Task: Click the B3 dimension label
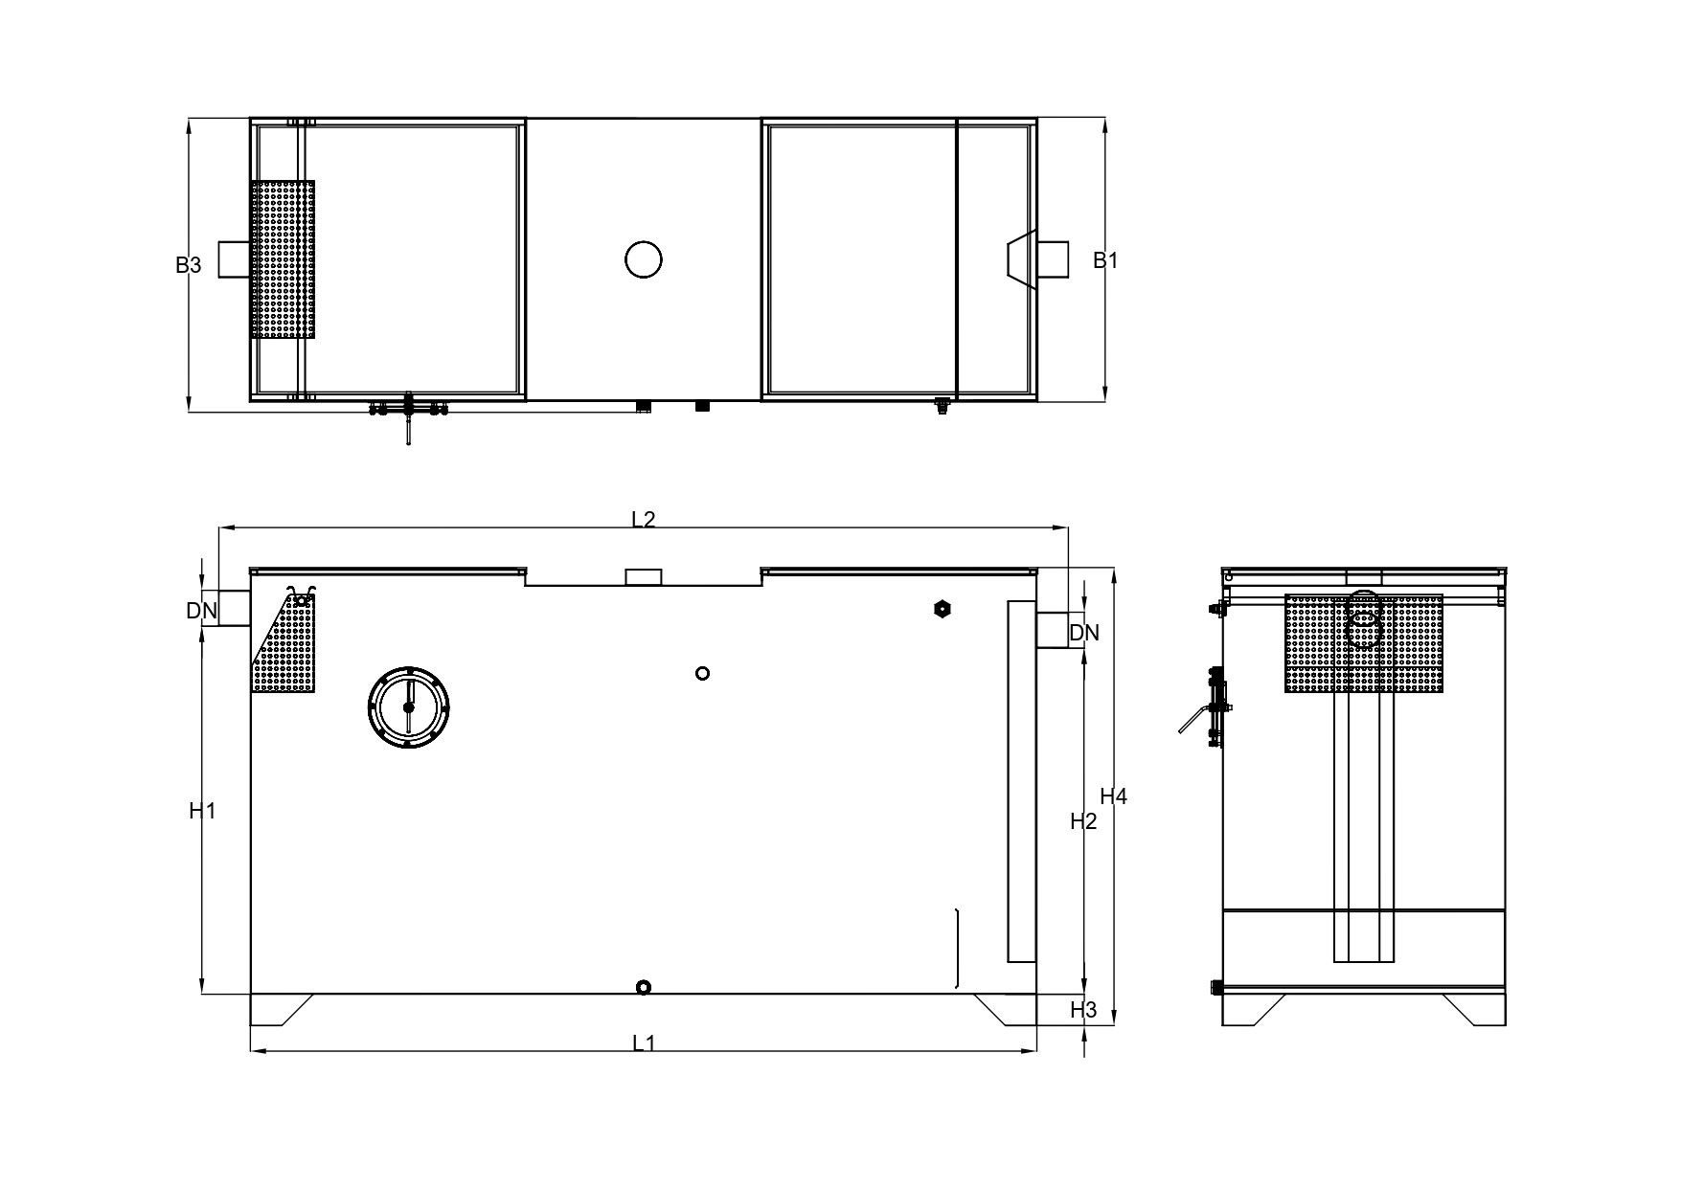[x=189, y=265]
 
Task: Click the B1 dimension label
[x=1106, y=259]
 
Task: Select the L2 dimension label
[x=644, y=519]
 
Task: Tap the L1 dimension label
[x=644, y=1042]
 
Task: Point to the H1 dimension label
[x=202, y=811]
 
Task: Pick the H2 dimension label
[x=1083, y=820]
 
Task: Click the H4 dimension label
[x=1114, y=796]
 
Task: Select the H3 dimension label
[x=1083, y=1009]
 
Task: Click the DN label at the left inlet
[x=201, y=610]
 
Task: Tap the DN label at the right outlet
[x=1084, y=632]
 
